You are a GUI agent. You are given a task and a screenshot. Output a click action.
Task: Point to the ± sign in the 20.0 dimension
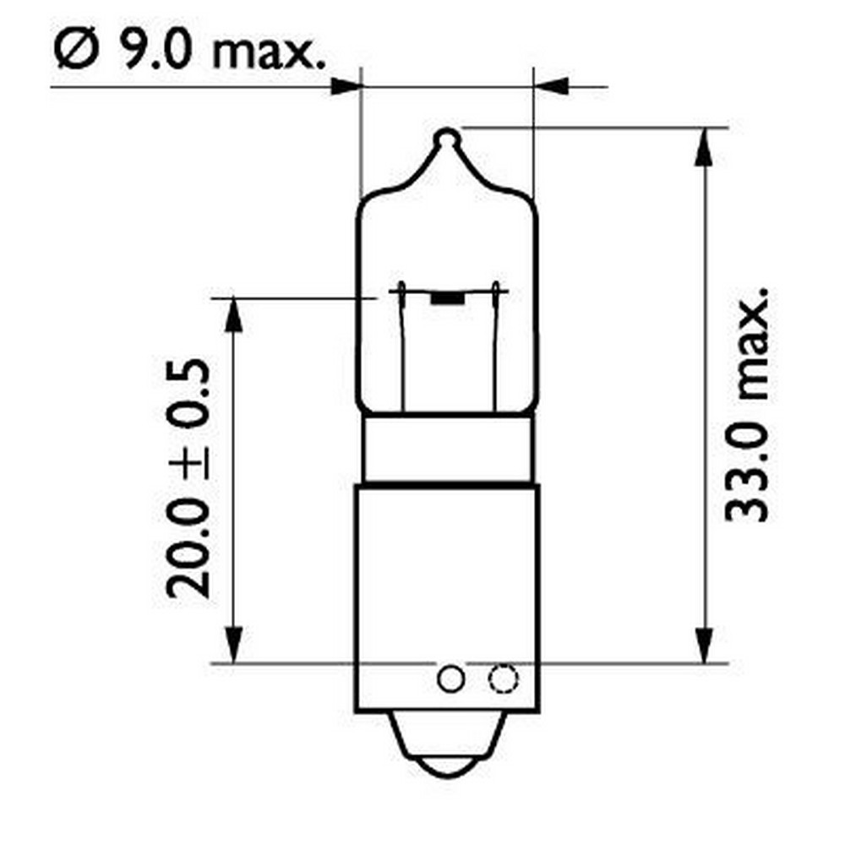(x=187, y=461)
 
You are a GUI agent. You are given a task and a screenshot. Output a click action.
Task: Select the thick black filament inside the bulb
(x=447, y=298)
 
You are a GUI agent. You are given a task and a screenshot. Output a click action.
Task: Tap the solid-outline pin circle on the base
(x=450, y=678)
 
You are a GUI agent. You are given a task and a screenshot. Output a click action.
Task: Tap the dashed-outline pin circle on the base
(x=503, y=678)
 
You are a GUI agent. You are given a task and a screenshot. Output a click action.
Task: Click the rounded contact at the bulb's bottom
(x=447, y=760)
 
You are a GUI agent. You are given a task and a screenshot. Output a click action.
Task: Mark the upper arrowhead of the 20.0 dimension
(x=232, y=314)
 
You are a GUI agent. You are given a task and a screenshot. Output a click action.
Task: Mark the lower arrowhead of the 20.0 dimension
(x=232, y=646)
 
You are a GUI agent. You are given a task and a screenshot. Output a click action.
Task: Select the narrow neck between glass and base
(x=448, y=448)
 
